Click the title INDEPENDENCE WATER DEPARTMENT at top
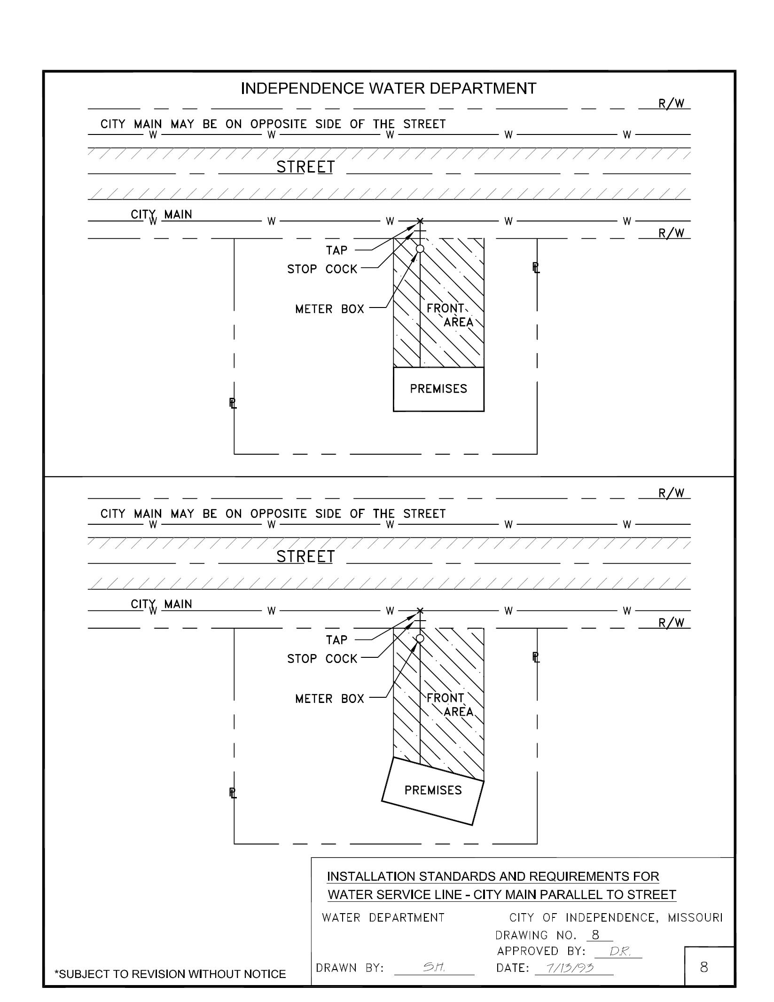(x=388, y=88)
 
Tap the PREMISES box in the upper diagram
(x=438, y=389)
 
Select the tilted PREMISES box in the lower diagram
(x=433, y=790)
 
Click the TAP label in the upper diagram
(x=336, y=250)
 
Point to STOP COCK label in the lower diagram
(x=322, y=659)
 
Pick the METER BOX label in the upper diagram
(x=329, y=309)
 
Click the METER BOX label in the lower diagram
(x=329, y=699)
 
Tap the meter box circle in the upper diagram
(x=420, y=249)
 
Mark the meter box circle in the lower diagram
(x=420, y=638)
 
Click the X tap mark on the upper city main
(x=420, y=221)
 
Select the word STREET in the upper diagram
(x=305, y=167)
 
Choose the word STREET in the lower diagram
(x=305, y=557)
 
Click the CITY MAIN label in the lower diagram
(x=162, y=604)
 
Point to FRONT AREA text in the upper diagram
(x=449, y=315)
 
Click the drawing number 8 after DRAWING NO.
(x=595, y=935)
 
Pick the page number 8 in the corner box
(x=704, y=967)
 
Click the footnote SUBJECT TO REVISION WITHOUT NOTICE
(x=170, y=974)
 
